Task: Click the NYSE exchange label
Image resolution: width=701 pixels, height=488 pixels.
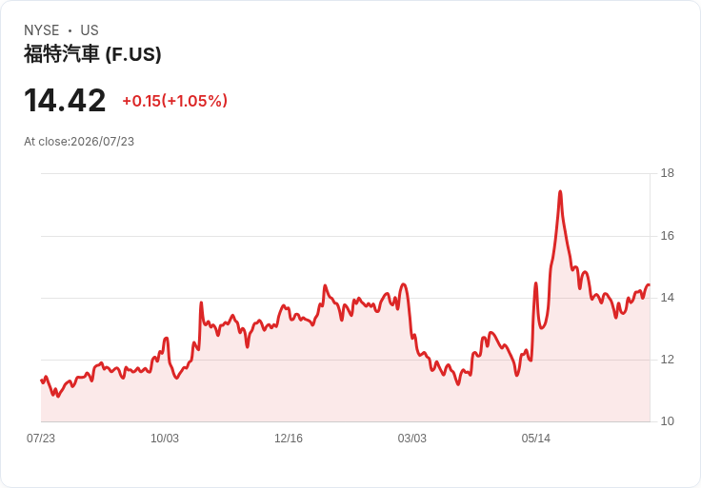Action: tap(42, 30)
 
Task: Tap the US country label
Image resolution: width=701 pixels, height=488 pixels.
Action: tap(90, 30)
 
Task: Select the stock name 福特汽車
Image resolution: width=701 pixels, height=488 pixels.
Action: tap(61, 54)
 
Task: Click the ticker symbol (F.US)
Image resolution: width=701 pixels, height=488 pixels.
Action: tap(133, 54)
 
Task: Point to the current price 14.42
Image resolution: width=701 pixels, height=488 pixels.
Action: tap(65, 101)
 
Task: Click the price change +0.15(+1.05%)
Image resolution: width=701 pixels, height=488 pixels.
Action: tap(175, 101)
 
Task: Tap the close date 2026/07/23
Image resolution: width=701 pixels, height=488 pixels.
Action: tap(102, 142)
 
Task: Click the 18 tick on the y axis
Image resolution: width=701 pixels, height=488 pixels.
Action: tap(668, 173)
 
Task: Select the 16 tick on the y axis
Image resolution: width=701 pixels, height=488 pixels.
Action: tap(668, 236)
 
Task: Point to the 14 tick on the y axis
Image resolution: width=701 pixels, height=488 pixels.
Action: tap(668, 298)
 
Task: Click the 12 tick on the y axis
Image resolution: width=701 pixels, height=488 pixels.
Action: tap(668, 360)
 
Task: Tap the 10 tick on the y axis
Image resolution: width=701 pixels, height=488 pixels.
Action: tap(668, 421)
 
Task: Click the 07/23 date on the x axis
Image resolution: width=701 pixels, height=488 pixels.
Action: tap(41, 439)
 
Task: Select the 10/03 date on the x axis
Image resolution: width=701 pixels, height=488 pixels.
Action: tap(165, 439)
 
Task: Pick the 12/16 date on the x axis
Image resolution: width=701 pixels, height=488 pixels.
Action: tap(289, 439)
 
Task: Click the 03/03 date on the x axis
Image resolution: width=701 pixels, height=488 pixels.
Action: tap(412, 439)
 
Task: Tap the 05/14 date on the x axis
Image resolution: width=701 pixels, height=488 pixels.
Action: tap(535, 439)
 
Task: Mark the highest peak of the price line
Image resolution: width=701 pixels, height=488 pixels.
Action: tap(560, 192)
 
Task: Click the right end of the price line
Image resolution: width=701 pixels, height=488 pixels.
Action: tap(650, 284)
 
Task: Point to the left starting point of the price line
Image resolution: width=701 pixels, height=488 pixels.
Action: tap(41, 381)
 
